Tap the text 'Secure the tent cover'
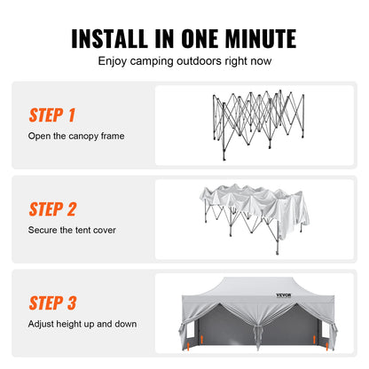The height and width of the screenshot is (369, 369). coord(72,230)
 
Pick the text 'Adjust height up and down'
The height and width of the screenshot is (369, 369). coord(82,324)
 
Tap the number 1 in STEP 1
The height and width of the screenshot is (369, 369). coord(70,116)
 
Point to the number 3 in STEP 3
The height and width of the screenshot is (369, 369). coord(71,302)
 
